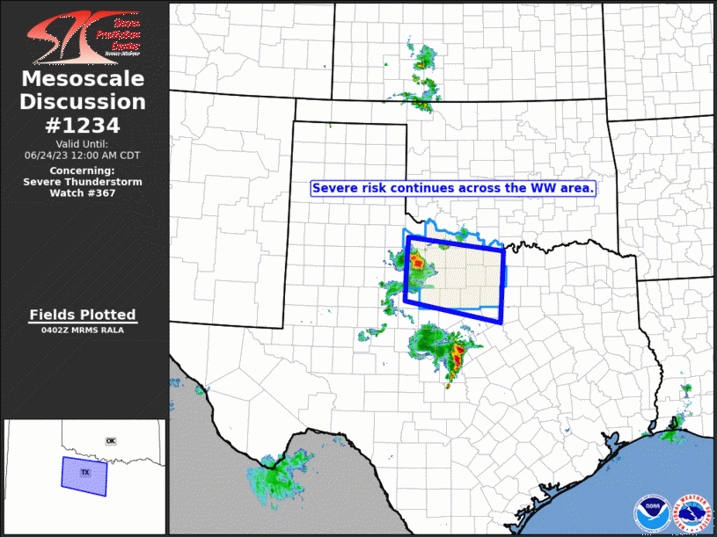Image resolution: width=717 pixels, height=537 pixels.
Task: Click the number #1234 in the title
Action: coord(83,125)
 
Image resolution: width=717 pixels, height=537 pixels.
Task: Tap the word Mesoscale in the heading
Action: coord(83,80)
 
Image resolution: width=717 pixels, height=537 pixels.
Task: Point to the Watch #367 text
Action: coord(83,193)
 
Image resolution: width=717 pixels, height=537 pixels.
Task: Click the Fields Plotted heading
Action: coord(83,315)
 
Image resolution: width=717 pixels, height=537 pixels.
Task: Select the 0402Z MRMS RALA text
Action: coord(83,330)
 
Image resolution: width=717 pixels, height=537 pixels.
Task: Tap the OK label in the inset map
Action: coord(110,440)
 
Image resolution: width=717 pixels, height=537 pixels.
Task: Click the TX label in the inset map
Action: coord(85,473)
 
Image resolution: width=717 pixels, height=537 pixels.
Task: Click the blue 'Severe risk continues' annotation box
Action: coord(454,188)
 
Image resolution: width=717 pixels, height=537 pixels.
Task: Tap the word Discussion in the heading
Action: coord(83,102)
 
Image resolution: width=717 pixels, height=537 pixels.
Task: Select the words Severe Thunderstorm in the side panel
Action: coord(83,182)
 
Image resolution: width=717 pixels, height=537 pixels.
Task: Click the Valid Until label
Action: coord(83,143)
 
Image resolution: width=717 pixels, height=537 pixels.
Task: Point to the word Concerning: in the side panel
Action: coord(83,171)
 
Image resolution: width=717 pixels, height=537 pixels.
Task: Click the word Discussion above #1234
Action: coord(83,102)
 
